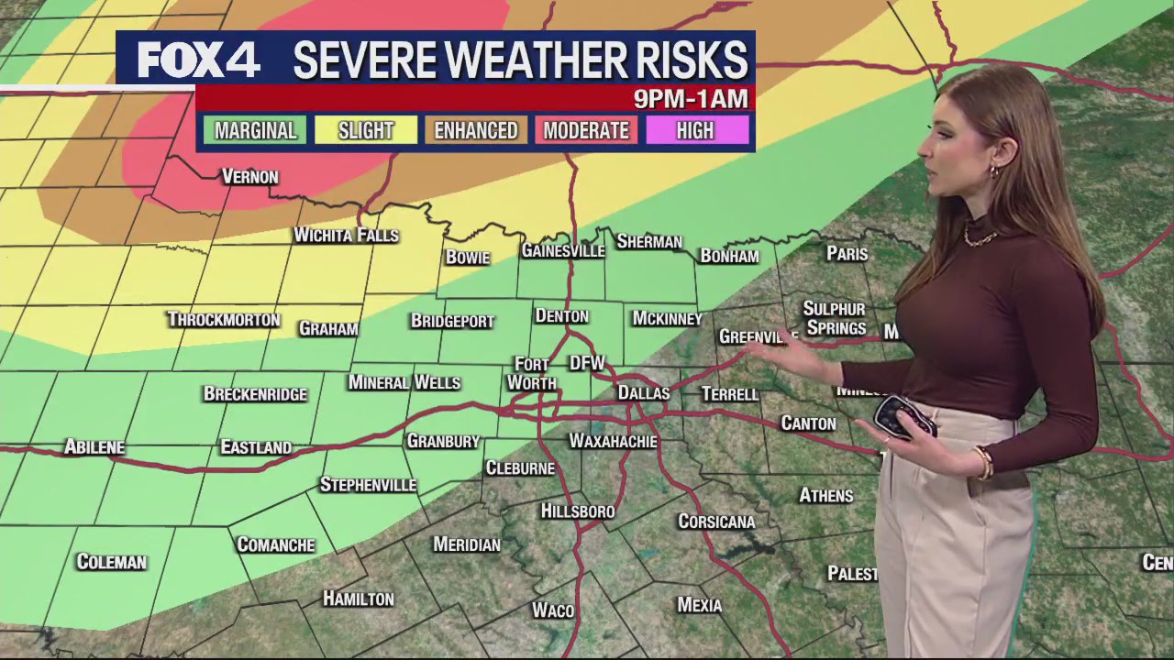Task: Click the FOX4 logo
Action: click(199, 60)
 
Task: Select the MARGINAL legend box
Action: click(256, 130)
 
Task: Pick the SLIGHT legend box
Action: click(366, 130)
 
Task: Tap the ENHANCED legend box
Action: click(476, 130)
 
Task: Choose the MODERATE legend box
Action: click(586, 130)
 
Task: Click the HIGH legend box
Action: click(695, 130)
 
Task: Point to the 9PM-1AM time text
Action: click(690, 98)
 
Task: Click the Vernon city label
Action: click(250, 177)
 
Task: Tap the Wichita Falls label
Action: click(346, 236)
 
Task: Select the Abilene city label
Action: click(94, 447)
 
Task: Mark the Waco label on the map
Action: click(553, 610)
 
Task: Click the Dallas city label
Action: click(643, 392)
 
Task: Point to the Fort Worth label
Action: click(531, 374)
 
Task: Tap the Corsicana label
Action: click(716, 522)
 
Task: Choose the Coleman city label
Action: click(111, 562)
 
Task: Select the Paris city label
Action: click(847, 254)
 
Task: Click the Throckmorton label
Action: click(223, 320)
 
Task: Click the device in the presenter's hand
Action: click(903, 417)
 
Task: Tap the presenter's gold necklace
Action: click(980, 238)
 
